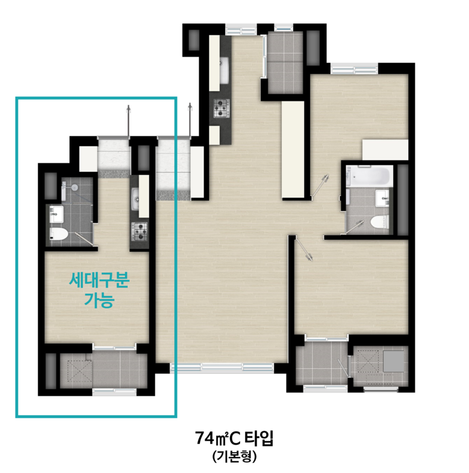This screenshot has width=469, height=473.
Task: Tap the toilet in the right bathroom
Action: (379, 222)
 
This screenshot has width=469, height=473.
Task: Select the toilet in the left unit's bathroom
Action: (58, 234)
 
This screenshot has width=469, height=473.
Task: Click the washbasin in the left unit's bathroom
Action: (56, 214)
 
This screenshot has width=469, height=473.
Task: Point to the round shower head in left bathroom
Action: (74, 188)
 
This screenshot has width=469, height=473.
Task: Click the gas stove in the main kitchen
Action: (221, 108)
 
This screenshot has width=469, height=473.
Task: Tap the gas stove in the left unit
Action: (140, 231)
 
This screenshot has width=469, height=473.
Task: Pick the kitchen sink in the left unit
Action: (135, 199)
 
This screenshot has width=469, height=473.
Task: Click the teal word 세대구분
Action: (99, 280)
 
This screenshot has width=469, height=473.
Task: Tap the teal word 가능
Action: (99, 300)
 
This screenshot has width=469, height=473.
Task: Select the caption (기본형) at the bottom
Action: (234, 457)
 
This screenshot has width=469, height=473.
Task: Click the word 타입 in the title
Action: (258, 438)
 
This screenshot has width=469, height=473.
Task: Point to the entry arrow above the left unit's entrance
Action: (129, 121)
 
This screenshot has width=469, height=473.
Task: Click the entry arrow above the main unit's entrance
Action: (190, 121)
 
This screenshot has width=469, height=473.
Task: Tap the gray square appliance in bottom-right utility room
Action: (394, 361)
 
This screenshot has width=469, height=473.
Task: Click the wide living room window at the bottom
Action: (222, 367)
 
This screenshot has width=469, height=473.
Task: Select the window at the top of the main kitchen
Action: (241, 30)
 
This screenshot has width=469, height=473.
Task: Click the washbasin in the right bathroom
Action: (382, 198)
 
